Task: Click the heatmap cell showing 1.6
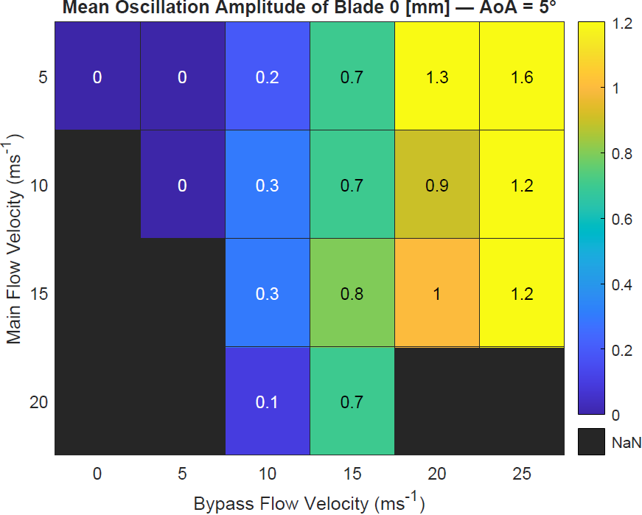(522, 77)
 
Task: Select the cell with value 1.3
(437, 77)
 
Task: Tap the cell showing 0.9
(437, 185)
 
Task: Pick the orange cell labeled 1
(437, 293)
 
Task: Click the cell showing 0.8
(352, 293)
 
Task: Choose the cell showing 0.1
(267, 402)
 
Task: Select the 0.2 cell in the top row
(267, 77)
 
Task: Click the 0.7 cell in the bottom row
(352, 402)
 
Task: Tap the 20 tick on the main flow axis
(38, 402)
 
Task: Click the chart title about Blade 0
(309, 9)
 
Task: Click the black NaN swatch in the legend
(591, 442)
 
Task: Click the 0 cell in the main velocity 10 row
(182, 185)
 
